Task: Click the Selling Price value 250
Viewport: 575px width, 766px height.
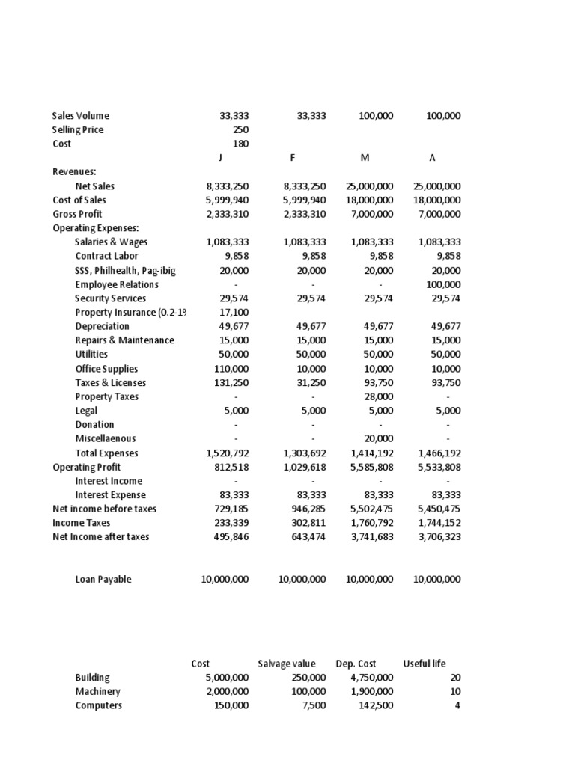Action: click(240, 130)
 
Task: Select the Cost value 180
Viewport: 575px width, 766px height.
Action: click(240, 144)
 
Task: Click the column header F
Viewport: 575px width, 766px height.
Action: click(293, 158)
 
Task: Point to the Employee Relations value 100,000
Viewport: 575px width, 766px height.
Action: click(443, 284)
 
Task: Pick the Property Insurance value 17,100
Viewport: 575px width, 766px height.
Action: click(234, 312)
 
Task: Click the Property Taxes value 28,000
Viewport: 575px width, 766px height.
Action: click(377, 396)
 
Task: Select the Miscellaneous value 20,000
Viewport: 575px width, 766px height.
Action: click(377, 438)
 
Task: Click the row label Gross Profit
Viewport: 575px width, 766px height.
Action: click(77, 214)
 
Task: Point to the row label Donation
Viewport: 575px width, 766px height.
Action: click(94, 424)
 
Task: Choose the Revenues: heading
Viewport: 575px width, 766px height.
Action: click(74, 171)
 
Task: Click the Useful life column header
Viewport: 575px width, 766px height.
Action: click(424, 664)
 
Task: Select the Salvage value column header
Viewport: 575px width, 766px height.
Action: click(287, 664)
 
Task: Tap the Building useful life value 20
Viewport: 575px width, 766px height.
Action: click(454, 678)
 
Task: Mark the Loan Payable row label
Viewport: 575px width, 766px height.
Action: click(103, 579)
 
